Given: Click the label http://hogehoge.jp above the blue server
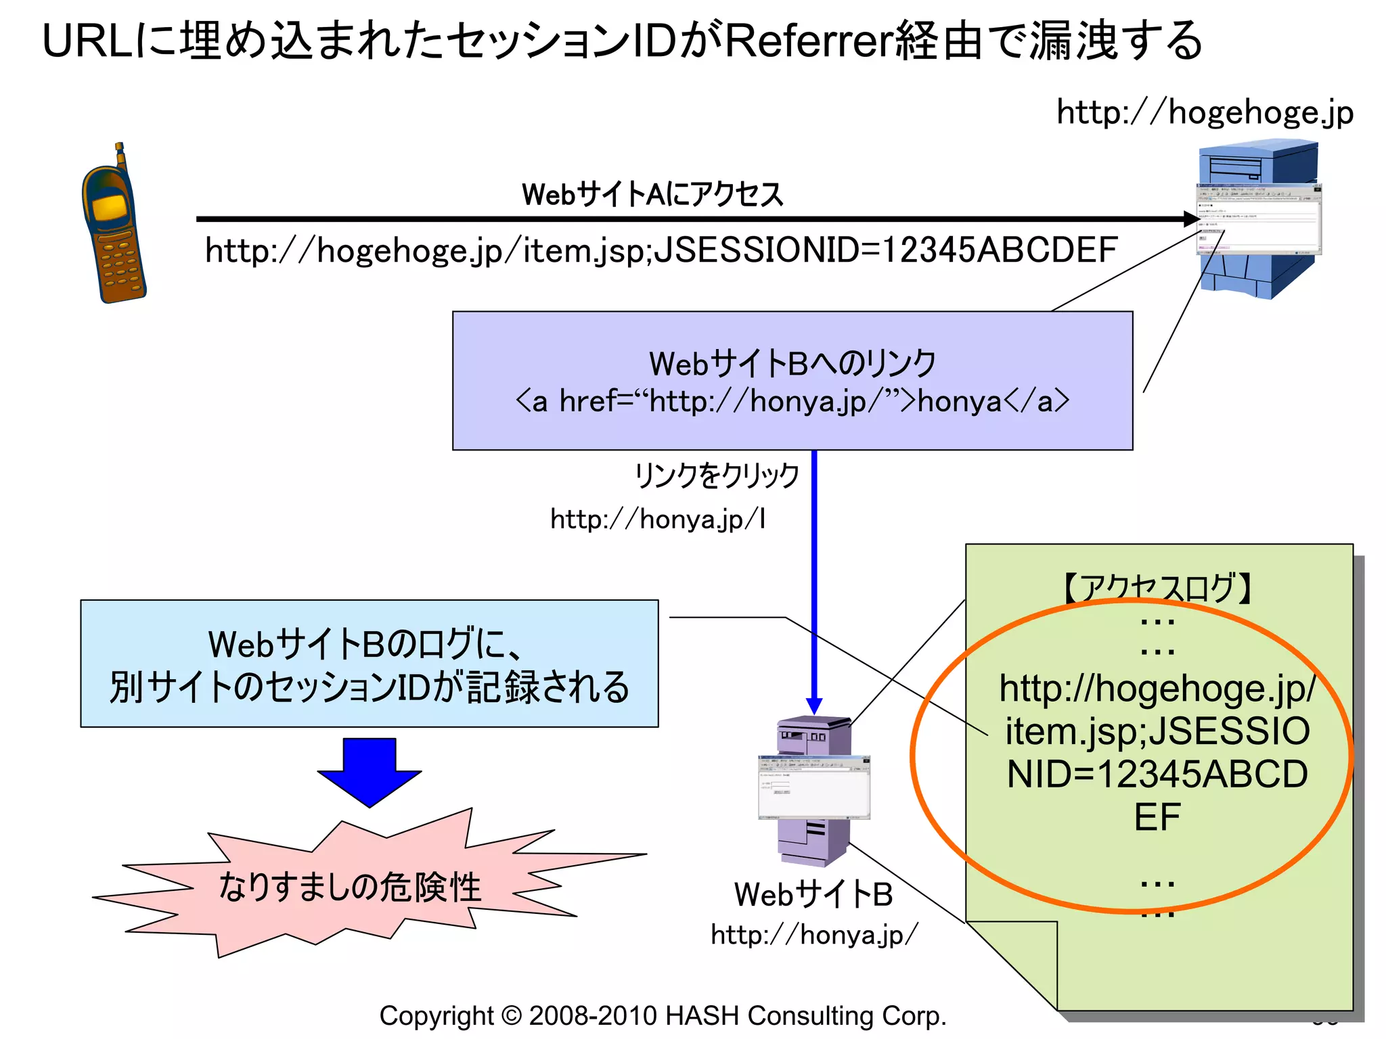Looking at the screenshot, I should [1205, 112].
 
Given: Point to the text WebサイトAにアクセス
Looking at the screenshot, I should [652, 195].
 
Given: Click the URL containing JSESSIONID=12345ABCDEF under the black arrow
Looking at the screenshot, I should [661, 250].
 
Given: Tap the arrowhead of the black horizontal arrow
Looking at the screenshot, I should [1192, 218].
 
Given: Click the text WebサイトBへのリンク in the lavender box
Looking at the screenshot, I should [792, 363].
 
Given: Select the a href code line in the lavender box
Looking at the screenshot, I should [792, 402].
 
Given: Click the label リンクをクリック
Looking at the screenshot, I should [717, 476].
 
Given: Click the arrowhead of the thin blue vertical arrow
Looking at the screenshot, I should [814, 706].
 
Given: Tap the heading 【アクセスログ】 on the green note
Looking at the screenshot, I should [1158, 587].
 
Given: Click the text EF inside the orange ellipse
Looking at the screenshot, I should [1157, 817].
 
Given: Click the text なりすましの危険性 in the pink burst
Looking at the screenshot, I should [350, 887].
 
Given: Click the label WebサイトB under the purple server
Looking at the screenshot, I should [813, 894].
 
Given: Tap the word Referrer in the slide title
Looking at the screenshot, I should [808, 41].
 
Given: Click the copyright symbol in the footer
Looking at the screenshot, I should [512, 1016].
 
